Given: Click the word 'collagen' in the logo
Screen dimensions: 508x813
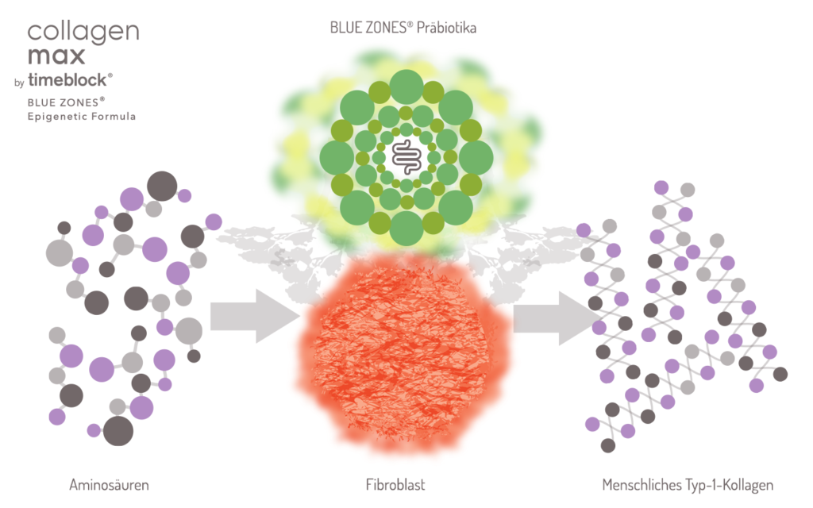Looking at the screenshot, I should click(83, 33).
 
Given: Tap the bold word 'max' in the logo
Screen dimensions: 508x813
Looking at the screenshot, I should click(56, 56).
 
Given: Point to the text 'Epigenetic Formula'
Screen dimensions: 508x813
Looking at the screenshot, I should click(82, 116).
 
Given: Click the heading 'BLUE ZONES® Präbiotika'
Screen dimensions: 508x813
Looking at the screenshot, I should click(409, 28).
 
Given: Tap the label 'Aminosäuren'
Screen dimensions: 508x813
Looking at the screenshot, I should click(109, 483).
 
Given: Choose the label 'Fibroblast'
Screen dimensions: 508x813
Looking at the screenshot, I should click(407, 483).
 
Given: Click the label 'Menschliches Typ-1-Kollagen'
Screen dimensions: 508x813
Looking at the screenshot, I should click(688, 483).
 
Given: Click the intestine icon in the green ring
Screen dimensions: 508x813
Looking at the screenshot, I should click(406, 156).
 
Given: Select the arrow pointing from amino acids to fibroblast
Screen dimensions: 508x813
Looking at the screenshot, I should click(255, 316).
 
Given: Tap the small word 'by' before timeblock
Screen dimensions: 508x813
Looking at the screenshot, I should click(19, 82).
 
